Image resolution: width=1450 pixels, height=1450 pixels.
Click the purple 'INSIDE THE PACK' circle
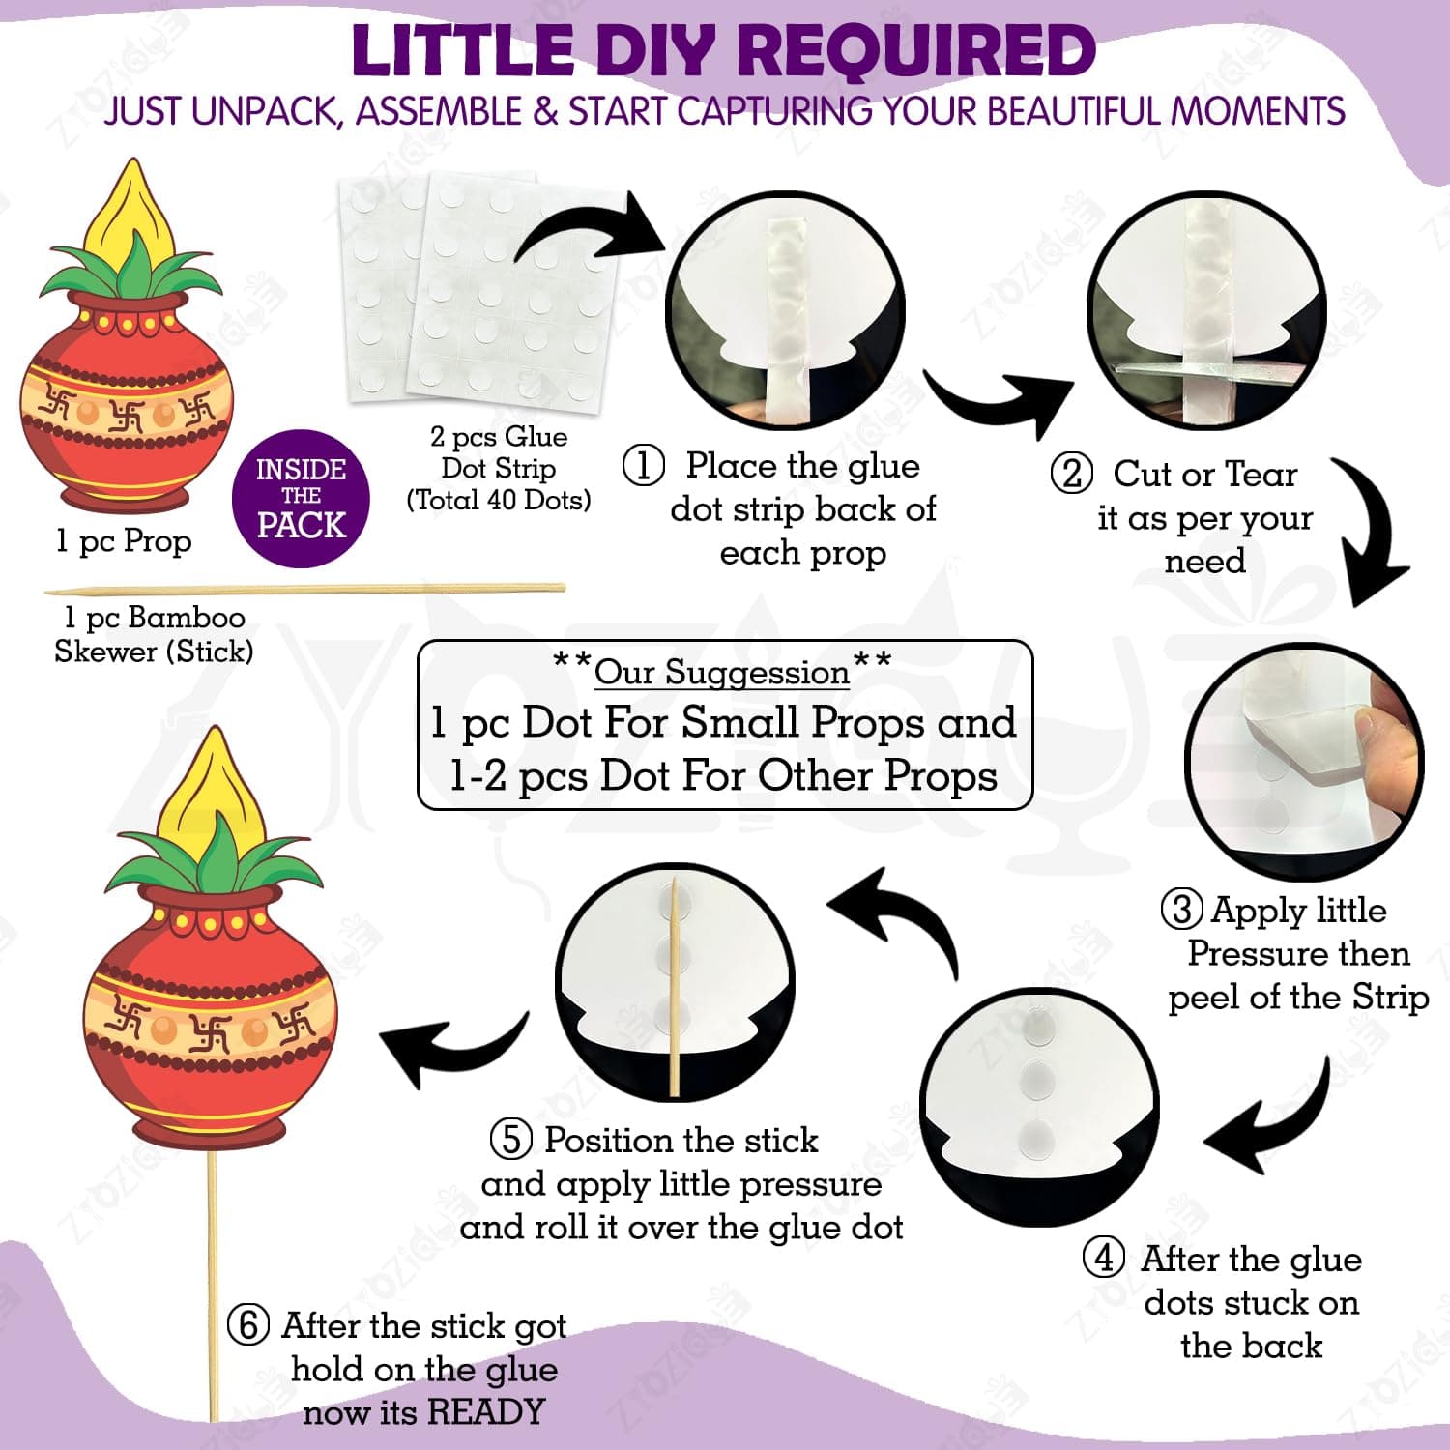click(x=301, y=499)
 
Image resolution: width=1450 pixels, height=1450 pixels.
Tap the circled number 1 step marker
click(x=644, y=466)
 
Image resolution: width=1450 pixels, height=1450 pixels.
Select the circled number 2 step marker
click(x=1072, y=474)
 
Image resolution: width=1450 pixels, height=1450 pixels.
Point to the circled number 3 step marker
click(x=1182, y=910)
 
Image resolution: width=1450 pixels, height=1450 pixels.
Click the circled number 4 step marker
click(x=1104, y=1259)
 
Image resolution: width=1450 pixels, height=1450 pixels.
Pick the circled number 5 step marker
click(x=511, y=1139)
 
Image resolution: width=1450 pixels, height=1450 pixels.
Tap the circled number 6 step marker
click(x=248, y=1324)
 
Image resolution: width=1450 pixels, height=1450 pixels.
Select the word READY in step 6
click(x=486, y=1411)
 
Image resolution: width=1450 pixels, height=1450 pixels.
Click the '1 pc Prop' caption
click(x=124, y=541)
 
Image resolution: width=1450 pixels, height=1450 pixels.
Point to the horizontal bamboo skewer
click(x=304, y=589)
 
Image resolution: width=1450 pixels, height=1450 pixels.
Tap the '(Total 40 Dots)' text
click(x=499, y=500)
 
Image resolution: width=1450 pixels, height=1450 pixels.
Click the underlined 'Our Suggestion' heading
click(x=722, y=672)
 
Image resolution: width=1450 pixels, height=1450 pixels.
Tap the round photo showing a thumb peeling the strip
click(x=1304, y=761)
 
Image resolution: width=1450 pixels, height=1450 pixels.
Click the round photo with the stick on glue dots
click(x=675, y=982)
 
